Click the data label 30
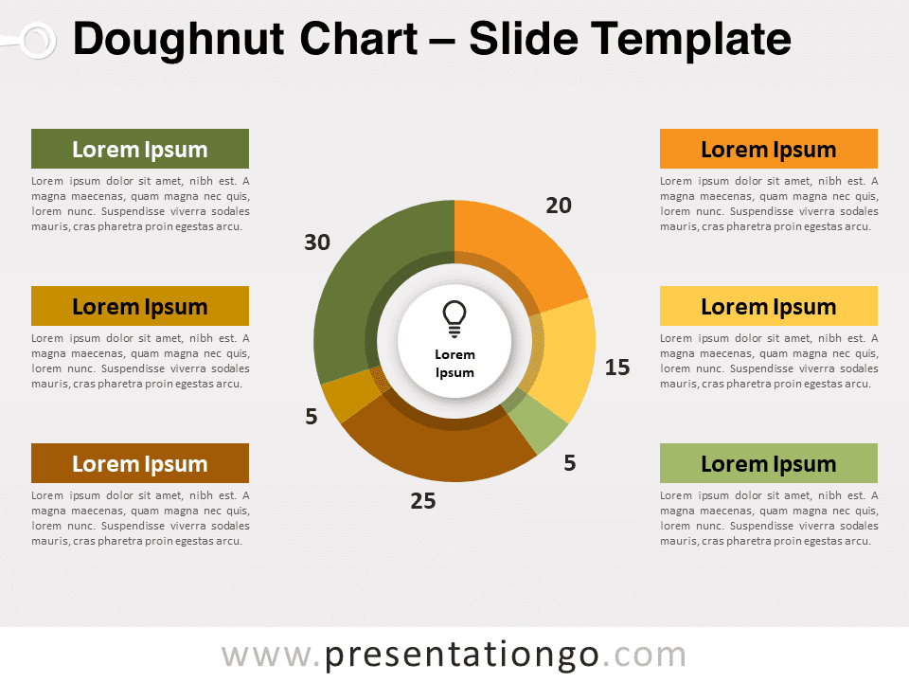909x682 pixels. point(317,242)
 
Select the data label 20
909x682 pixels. point(559,206)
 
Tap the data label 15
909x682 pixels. point(617,368)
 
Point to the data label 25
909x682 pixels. point(423,501)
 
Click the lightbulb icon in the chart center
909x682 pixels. point(454,318)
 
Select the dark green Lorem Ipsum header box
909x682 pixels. point(140,149)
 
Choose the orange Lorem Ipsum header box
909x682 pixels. point(769,149)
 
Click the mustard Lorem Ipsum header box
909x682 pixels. point(140,306)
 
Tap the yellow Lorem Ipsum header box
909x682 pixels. point(769,306)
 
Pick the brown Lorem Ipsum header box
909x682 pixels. point(140,463)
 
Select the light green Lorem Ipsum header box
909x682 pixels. point(769,463)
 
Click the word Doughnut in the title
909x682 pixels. point(179,40)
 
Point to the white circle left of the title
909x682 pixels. point(38,41)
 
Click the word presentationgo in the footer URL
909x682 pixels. point(461,655)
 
